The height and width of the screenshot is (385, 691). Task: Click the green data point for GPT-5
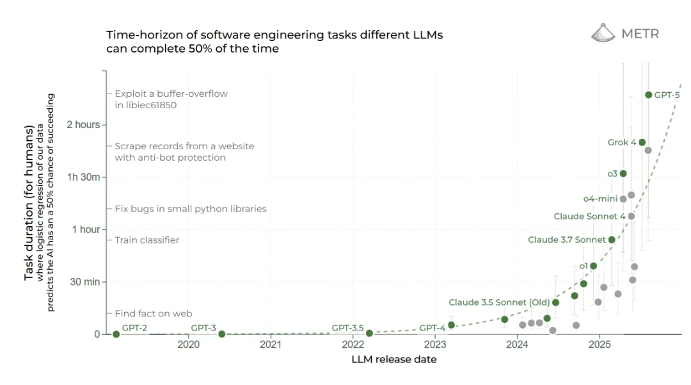tap(648, 95)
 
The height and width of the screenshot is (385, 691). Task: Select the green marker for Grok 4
tap(642, 142)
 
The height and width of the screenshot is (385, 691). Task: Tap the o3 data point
tap(623, 174)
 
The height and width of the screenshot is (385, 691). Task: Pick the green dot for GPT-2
tap(116, 334)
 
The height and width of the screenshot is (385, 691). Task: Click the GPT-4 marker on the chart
tap(451, 325)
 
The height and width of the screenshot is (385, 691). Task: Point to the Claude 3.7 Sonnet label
tap(566, 240)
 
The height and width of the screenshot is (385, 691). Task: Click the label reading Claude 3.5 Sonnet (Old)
tap(498, 302)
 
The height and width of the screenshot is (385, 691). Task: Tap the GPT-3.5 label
tap(347, 328)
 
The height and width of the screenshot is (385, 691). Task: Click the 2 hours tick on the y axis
tap(83, 125)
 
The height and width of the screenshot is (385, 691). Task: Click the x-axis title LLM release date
tap(393, 359)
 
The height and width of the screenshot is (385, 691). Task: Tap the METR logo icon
tap(603, 33)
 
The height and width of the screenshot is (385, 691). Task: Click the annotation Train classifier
tap(147, 240)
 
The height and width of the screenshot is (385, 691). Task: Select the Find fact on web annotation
tap(154, 314)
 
